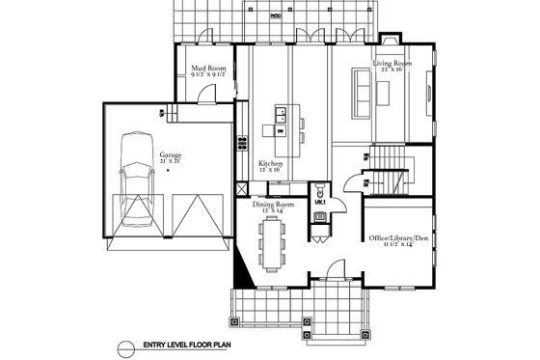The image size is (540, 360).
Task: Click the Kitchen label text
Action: [x=271, y=165]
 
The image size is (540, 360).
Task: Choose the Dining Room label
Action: [x=273, y=205]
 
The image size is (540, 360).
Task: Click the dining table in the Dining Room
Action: [x=274, y=244]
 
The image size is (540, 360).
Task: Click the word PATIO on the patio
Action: [x=275, y=15]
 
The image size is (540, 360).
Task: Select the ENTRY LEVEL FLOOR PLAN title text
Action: [x=194, y=345]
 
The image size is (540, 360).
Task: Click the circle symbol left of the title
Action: [x=123, y=345]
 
